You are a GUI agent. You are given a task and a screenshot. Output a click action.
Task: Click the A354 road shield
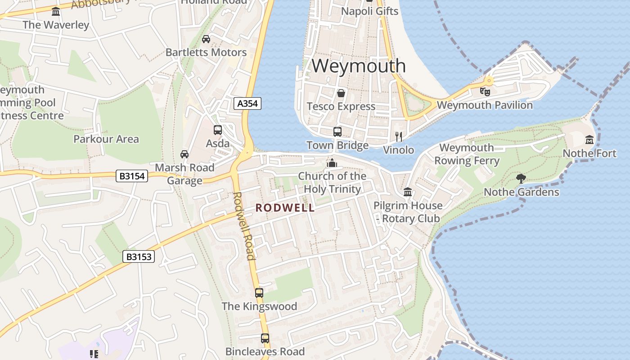point(247,103)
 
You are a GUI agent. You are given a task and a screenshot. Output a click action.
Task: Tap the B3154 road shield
point(132,176)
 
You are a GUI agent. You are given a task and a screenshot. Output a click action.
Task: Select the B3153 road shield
point(139,257)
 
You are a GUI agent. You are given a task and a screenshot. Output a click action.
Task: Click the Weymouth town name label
point(359,66)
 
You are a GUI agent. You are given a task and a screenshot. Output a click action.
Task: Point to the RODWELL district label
point(285,208)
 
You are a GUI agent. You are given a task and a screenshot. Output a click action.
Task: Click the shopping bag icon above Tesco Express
point(341,93)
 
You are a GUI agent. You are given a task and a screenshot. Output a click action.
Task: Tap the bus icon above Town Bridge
point(337,132)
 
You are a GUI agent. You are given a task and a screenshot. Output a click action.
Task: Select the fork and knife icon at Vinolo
point(398,136)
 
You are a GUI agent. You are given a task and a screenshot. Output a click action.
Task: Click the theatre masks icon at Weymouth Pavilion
point(485,92)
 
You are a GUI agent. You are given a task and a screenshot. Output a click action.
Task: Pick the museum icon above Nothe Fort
point(589,140)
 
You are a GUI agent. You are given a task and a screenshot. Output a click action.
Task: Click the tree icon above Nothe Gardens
point(521,179)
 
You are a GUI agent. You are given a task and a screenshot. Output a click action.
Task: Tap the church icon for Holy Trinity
point(332,162)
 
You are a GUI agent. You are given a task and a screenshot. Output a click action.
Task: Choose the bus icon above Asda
point(218,130)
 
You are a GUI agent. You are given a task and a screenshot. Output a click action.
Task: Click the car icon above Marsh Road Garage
point(184,154)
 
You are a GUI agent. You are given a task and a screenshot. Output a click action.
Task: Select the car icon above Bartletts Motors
point(206,39)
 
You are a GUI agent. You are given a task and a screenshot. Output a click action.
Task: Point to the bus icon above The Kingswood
point(259,293)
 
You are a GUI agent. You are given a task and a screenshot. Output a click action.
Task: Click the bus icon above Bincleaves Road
point(265,338)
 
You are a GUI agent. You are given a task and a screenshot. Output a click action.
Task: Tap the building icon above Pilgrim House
point(408,192)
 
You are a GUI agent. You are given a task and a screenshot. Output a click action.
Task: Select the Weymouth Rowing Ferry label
point(467,154)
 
